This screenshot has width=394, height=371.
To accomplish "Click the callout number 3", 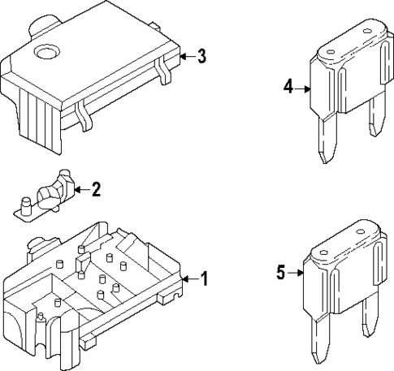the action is [201, 56].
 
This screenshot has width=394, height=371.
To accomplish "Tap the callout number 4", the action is [288, 87].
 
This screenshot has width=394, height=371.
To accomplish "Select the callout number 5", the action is [281, 272].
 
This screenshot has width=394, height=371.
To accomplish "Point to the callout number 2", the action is [96, 189].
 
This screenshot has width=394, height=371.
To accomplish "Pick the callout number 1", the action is [204, 278].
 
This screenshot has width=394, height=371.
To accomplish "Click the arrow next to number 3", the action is [188, 57].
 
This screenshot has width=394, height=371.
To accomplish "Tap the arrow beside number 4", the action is [302, 88].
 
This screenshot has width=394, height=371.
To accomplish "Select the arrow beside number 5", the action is [295, 273].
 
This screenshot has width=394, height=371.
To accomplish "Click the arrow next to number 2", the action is [82, 190].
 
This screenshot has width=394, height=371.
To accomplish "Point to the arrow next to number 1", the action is [191, 278].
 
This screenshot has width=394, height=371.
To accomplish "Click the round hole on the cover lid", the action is [47, 51].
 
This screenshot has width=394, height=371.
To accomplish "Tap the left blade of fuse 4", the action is [327, 137].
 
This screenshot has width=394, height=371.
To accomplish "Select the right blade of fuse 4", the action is [377, 116].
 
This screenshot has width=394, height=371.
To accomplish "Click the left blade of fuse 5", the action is [320, 338].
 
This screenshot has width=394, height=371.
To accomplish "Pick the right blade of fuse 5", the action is [370, 317].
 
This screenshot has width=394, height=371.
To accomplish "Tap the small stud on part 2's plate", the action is [26, 206].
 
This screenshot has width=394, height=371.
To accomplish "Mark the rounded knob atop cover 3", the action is [45, 25].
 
